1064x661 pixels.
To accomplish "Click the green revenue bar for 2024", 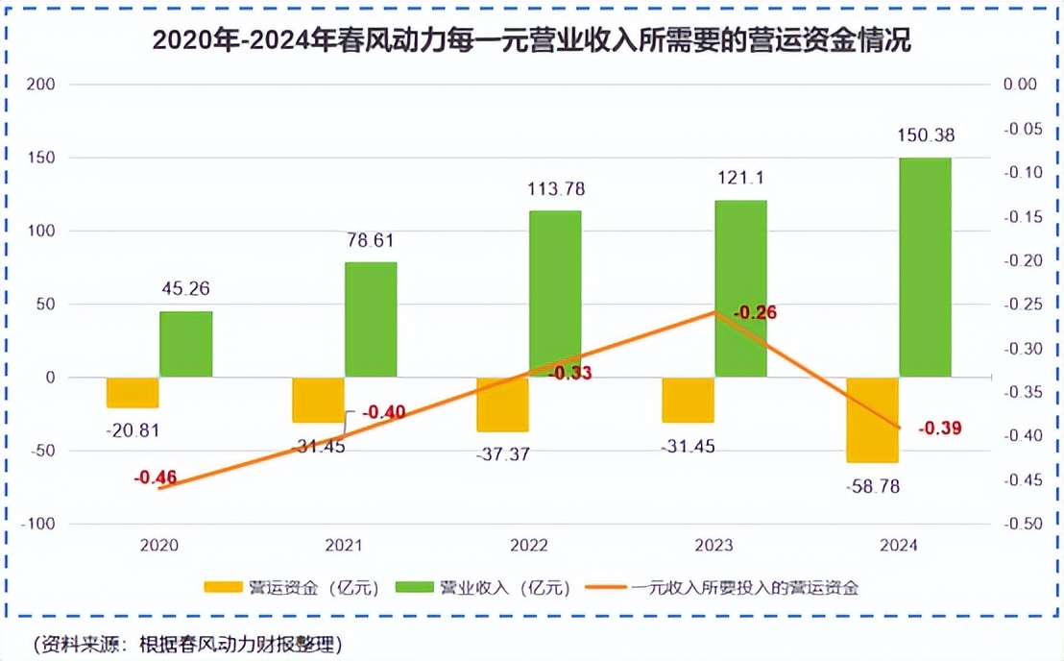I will pyautogui.click(x=925, y=266).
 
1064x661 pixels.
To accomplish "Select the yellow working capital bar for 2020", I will pyautogui.click(x=133, y=392).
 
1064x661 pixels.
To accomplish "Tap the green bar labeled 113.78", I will pyautogui.click(x=555, y=293).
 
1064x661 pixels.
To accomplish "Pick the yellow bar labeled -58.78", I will pyautogui.click(x=872, y=420).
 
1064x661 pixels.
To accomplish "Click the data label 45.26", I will pyautogui.click(x=186, y=288).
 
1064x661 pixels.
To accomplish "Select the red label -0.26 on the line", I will pyautogui.click(x=754, y=313).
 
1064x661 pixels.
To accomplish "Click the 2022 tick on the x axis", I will pyautogui.click(x=528, y=545).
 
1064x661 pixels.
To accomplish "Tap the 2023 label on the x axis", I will pyautogui.click(x=713, y=545).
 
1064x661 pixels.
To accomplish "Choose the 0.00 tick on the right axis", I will pyautogui.click(x=1020, y=85).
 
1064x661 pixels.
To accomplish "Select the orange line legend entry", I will pyautogui.click(x=739, y=588).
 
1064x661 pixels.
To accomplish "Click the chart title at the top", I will pyautogui.click(x=531, y=41).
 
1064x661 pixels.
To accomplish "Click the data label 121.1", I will pyautogui.click(x=739, y=179).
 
